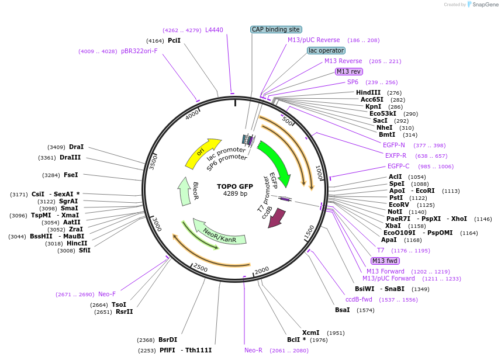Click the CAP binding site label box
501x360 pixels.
click(x=276, y=29)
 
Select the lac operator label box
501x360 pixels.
click(x=326, y=51)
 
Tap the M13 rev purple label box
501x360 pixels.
click(x=348, y=71)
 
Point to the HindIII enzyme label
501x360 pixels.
click(x=368, y=92)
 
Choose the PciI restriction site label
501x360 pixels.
click(x=174, y=40)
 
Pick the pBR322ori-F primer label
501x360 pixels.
click(x=139, y=51)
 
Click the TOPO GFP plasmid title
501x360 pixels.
click(x=235, y=186)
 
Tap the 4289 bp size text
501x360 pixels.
click(x=235, y=193)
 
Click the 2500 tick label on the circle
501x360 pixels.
click(x=201, y=268)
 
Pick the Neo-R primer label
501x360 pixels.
click(x=253, y=350)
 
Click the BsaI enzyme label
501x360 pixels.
click(x=343, y=310)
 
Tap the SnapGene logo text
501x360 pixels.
click(x=483, y=5)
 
